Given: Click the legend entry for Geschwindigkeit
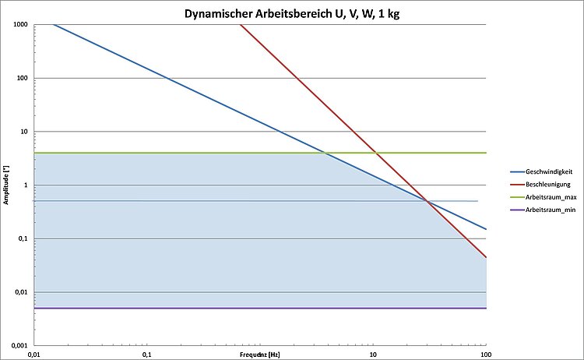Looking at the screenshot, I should (548, 171).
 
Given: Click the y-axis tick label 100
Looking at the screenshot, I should (22, 78).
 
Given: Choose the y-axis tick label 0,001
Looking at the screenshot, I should (18, 345).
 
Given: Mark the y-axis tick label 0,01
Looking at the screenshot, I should (20, 292).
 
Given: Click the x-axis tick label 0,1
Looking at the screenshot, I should (146, 355).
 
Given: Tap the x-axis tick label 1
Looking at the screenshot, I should (260, 355).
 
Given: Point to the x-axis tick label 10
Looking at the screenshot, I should (373, 355).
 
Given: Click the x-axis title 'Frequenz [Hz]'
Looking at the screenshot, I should (260, 353).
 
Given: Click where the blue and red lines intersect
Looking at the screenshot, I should (427, 202).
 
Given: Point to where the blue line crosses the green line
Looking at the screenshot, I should (325, 153).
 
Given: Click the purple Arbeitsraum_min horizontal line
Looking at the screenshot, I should (234, 308).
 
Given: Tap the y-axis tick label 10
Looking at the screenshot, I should (23, 132).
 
